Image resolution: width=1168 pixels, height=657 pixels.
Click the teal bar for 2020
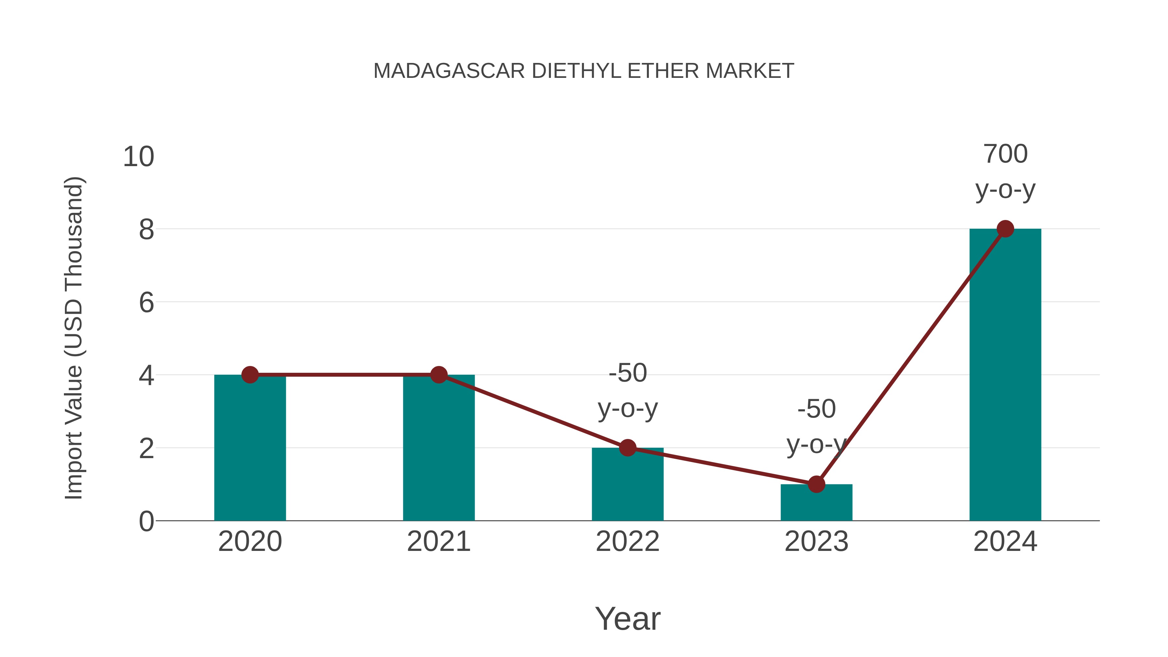click(250, 449)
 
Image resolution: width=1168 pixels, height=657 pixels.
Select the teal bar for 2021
click(438, 449)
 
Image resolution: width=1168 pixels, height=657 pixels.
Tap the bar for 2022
click(627, 485)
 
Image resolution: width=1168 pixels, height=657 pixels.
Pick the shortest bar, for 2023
click(816, 503)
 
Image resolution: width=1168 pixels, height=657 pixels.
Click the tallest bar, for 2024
click(1005, 376)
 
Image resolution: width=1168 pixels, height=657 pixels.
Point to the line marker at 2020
click(250, 375)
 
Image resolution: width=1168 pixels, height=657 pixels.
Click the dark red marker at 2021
click(438, 375)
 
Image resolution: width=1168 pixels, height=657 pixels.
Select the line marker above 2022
click(627, 448)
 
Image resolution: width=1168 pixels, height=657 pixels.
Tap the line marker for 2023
click(816, 484)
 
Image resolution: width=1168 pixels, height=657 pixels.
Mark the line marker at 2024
click(1005, 229)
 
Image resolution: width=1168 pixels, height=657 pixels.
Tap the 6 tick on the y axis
click(146, 302)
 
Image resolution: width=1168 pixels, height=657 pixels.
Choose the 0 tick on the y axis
click(146, 521)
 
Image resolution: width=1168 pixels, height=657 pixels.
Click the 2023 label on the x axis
click(816, 541)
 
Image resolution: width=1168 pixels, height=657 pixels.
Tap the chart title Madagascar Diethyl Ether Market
click(584, 71)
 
